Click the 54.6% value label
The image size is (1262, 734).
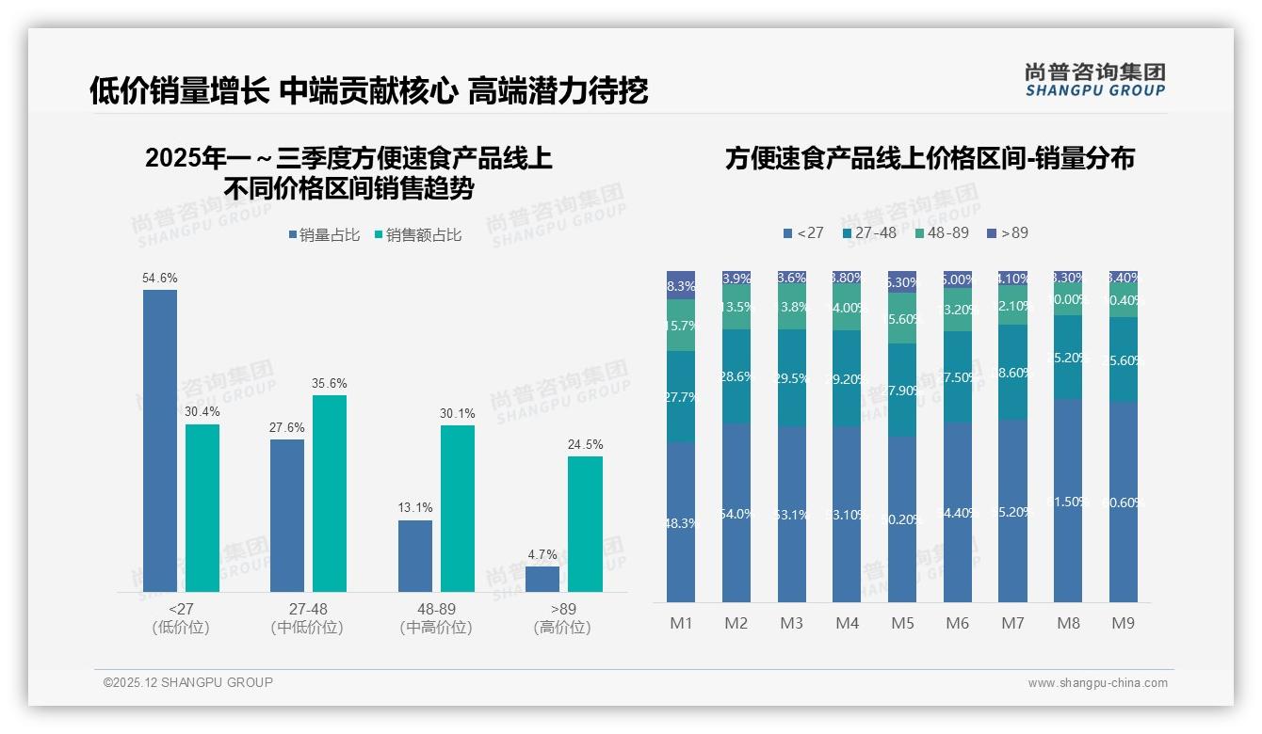pos(160,279)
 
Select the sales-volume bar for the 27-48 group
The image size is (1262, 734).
pos(287,515)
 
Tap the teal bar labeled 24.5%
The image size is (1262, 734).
pos(585,523)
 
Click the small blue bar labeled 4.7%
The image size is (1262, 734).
pos(542,579)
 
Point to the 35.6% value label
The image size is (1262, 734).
pos(330,384)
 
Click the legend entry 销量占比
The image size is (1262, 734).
pos(324,235)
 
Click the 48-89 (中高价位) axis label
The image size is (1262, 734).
pos(435,618)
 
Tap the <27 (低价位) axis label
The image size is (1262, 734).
pos(181,618)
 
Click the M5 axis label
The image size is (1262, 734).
pos(902,623)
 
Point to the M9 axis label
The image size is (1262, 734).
pos(1124,623)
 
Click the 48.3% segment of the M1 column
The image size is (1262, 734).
pos(681,522)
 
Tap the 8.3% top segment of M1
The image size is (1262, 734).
pos(681,285)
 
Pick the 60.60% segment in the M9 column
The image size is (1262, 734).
pos(1124,503)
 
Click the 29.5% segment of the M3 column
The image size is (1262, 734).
pos(791,378)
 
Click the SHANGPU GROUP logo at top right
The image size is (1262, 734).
pos(1094,80)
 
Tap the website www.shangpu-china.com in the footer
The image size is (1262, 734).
pos(1097,683)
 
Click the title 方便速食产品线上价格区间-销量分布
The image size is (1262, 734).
pos(929,158)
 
